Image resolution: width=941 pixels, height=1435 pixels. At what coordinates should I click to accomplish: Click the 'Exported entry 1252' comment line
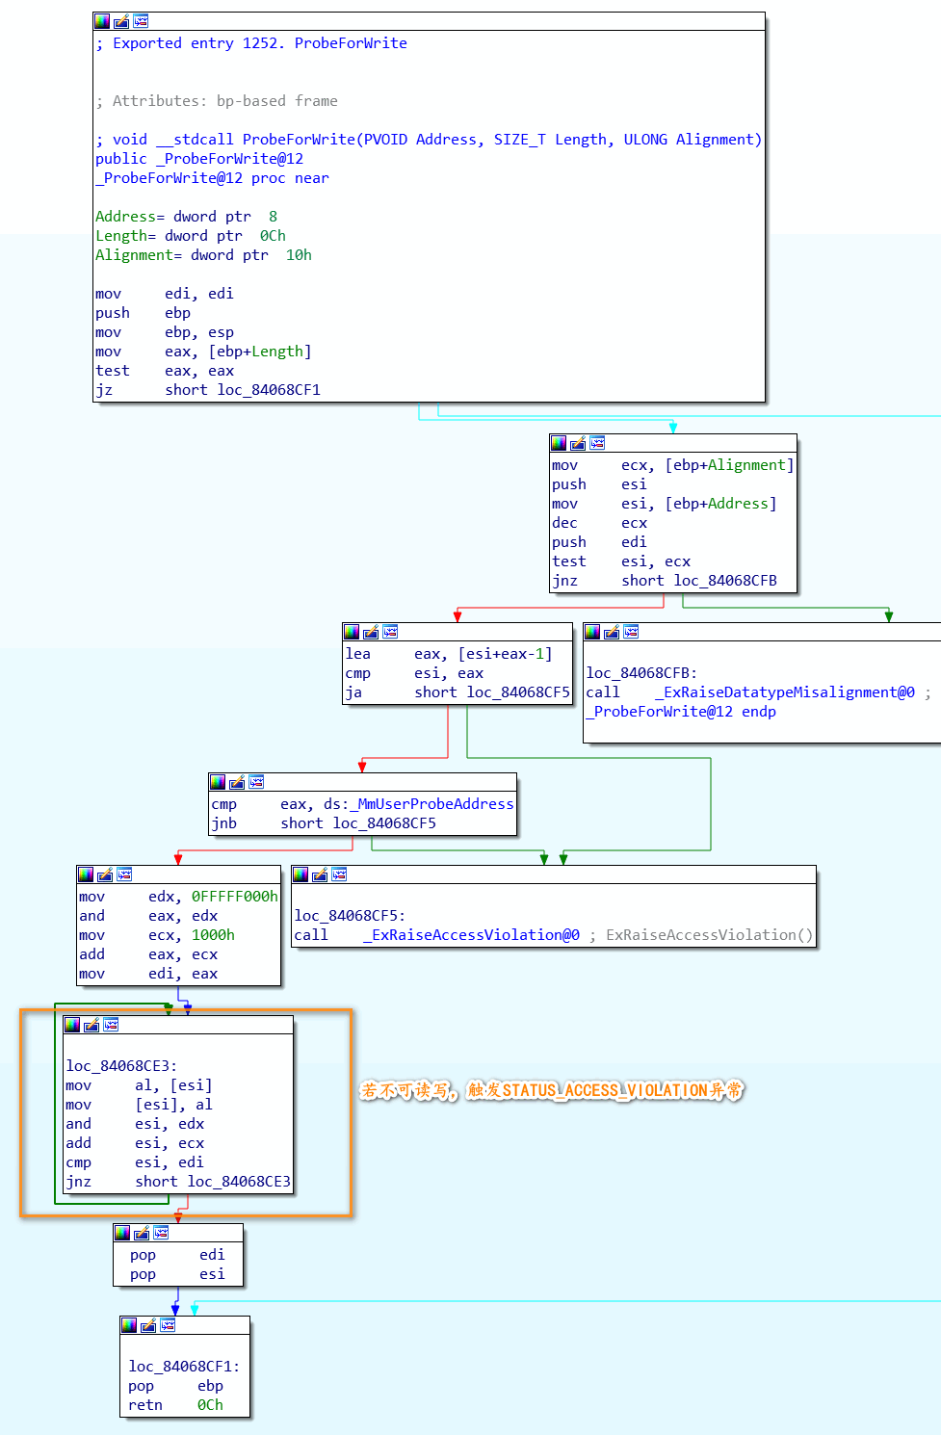point(251,43)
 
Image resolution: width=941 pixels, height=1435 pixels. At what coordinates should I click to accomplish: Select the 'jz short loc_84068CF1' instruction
point(208,390)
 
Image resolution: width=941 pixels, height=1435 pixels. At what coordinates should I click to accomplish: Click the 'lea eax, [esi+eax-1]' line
point(449,654)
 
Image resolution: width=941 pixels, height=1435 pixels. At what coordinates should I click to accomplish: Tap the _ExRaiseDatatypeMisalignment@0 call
point(784,692)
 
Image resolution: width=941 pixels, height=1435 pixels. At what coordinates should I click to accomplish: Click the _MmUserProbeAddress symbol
point(435,804)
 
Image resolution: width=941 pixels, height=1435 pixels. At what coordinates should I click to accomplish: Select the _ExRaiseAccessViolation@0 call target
point(471,935)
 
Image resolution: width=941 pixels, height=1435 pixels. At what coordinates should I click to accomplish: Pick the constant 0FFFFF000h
point(234,897)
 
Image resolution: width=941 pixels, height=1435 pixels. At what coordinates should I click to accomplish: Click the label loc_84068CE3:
point(121,1066)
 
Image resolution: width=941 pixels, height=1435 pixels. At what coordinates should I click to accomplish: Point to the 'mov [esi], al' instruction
point(139,1105)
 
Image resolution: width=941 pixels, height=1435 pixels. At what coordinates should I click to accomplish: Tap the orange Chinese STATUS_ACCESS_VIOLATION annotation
point(552,1090)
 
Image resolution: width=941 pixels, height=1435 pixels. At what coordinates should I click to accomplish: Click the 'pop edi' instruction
point(177,1255)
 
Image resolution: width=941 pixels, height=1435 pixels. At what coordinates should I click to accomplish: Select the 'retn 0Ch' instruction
point(175,1405)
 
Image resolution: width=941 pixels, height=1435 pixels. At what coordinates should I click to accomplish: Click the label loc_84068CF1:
point(184,1367)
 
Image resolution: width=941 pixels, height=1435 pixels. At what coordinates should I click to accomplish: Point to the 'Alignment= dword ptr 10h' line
point(203,255)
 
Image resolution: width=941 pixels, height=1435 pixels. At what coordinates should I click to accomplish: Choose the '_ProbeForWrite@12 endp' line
point(681,712)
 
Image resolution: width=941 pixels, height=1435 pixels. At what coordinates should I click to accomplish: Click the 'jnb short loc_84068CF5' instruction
point(324,823)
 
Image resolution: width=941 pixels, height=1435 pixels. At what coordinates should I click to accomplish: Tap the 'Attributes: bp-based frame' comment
point(217,101)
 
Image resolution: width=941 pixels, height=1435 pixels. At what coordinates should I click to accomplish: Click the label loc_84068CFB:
point(641,673)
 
